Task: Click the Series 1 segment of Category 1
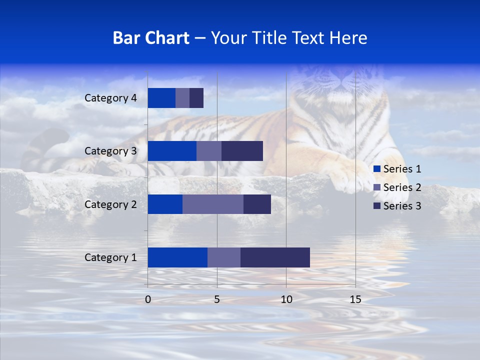tap(177, 257)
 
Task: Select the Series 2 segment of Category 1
tap(224, 257)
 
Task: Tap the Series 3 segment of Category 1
tap(275, 257)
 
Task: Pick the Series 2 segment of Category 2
tap(213, 204)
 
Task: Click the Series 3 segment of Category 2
tap(257, 204)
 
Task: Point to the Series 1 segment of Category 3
tap(172, 151)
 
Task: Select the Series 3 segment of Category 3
tap(242, 151)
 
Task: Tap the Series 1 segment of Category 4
tap(161, 98)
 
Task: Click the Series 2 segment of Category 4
tap(182, 98)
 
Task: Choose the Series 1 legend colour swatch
tap(377, 169)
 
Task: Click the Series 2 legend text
tap(402, 187)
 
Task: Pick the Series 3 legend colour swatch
tap(377, 206)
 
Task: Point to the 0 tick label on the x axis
tap(148, 299)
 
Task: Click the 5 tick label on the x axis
tap(217, 299)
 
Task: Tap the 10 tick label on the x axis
tap(286, 299)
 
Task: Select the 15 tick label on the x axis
tap(355, 299)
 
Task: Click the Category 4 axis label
tap(110, 98)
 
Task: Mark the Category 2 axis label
tap(110, 204)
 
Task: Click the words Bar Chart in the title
tap(151, 38)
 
